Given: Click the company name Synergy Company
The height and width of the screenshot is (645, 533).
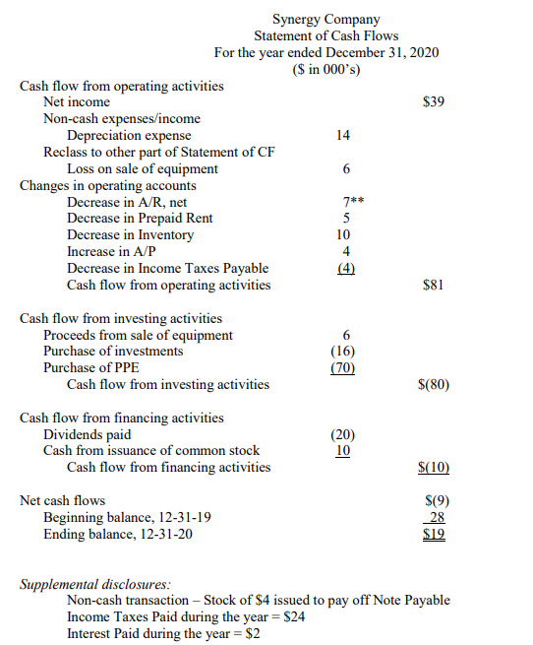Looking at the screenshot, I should tap(326, 19).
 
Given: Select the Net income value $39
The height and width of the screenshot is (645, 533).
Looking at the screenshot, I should tap(434, 101).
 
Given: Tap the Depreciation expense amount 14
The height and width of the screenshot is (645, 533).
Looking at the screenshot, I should tap(343, 135).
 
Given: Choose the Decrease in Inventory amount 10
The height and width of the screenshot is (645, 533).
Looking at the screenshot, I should tap(343, 235).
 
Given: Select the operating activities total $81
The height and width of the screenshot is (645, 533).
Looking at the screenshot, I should tap(434, 286).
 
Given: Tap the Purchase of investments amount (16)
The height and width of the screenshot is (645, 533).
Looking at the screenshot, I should tap(343, 352).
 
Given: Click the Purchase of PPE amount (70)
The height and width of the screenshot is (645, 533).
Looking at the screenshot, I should tap(343, 368).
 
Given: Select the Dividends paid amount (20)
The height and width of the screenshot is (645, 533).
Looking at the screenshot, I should tap(343, 434).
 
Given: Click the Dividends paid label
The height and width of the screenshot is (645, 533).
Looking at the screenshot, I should tap(87, 434).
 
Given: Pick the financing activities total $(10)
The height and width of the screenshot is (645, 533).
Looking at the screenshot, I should tap(434, 468).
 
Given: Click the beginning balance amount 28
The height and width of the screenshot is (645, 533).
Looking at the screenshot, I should tap(438, 518).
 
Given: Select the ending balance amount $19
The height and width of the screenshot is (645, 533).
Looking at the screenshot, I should tap(435, 535).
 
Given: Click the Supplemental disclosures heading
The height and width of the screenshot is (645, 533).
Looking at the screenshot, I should tap(94, 584).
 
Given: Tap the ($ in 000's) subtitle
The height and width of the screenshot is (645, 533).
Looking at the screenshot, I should tap(326, 68).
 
